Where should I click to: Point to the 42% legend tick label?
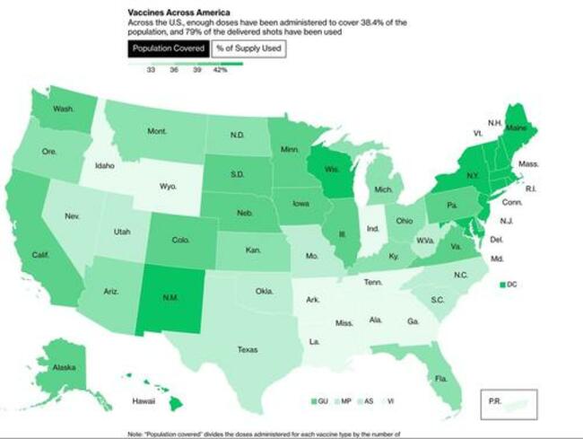pyautogui.click(x=220, y=70)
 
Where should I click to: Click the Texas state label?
pyautogui.click(x=248, y=349)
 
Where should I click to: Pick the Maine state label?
pyautogui.click(x=517, y=128)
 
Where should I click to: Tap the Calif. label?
pyautogui.click(x=39, y=254)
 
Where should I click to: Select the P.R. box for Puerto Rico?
pyautogui.click(x=509, y=401)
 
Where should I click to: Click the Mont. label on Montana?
pyautogui.click(x=157, y=131)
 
